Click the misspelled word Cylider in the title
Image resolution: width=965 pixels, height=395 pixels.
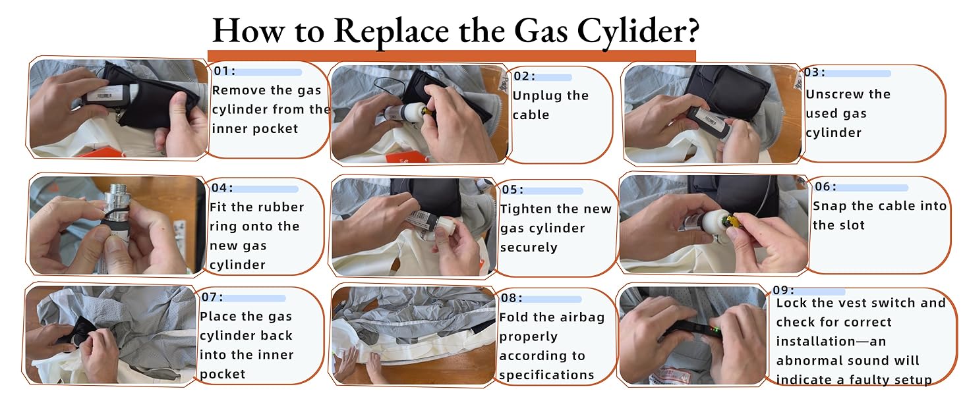pyautogui.click(x=637, y=32)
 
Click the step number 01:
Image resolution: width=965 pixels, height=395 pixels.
pyautogui.click(x=225, y=70)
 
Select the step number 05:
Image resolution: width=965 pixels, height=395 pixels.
pyautogui.click(x=513, y=190)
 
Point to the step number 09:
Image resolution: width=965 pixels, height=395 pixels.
pyautogui.click(x=783, y=290)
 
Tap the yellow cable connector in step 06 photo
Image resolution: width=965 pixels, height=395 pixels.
pyautogui.click(x=732, y=221)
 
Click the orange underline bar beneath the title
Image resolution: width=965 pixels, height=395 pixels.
pyautogui.click(x=452, y=56)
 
